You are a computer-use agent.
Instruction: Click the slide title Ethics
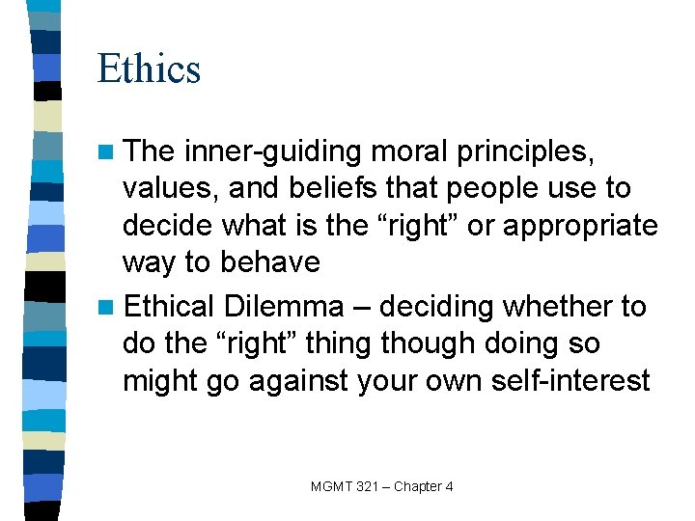(x=149, y=69)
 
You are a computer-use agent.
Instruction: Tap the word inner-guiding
(x=274, y=152)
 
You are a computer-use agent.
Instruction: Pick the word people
(x=511, y=190)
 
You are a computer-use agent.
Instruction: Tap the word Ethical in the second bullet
(x=170, y=307)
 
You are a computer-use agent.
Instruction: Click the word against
(x=302, y=382)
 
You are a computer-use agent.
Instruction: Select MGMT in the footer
(x=332, y=486)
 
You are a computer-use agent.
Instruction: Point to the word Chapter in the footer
(x=419, y=486)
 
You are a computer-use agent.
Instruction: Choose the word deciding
(x=439, y=307)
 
